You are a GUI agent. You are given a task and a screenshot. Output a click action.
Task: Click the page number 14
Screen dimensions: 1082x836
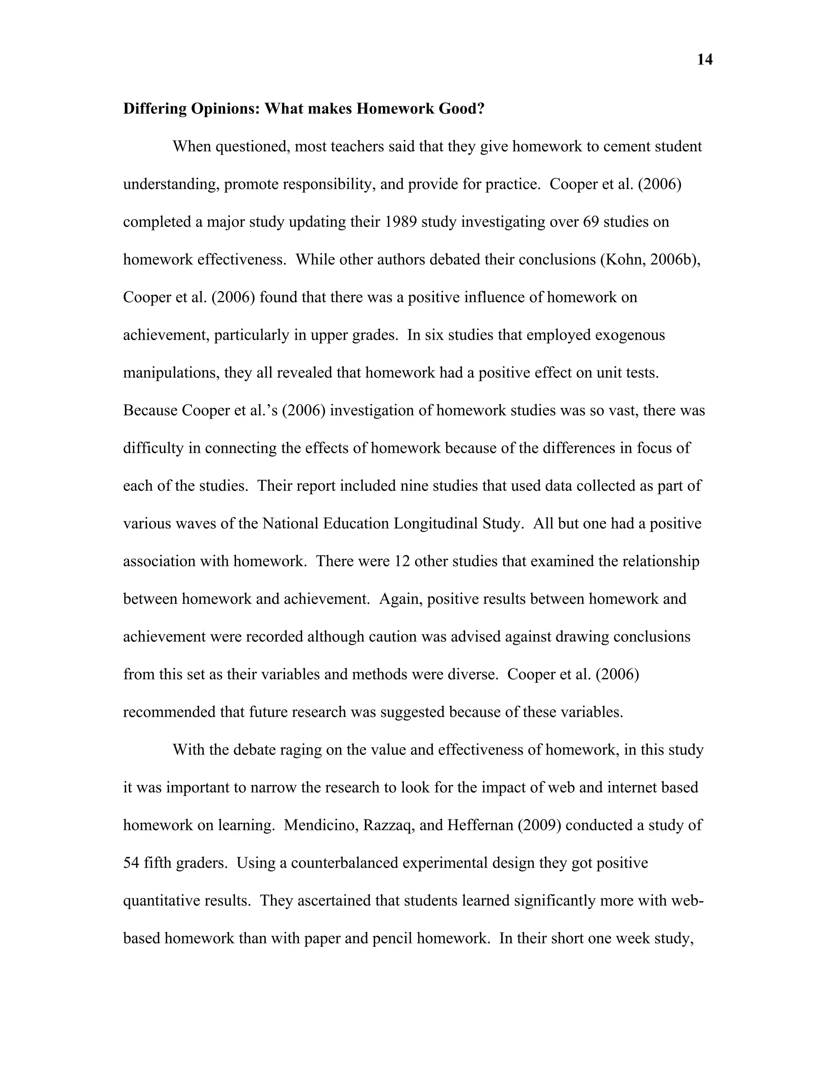point(705,60)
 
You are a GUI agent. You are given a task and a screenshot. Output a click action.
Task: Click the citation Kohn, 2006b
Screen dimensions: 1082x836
point(650,260)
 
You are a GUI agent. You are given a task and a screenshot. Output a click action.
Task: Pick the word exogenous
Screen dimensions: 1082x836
point(629,335)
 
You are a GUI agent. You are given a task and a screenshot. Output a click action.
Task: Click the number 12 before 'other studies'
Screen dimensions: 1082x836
point(402,561)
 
